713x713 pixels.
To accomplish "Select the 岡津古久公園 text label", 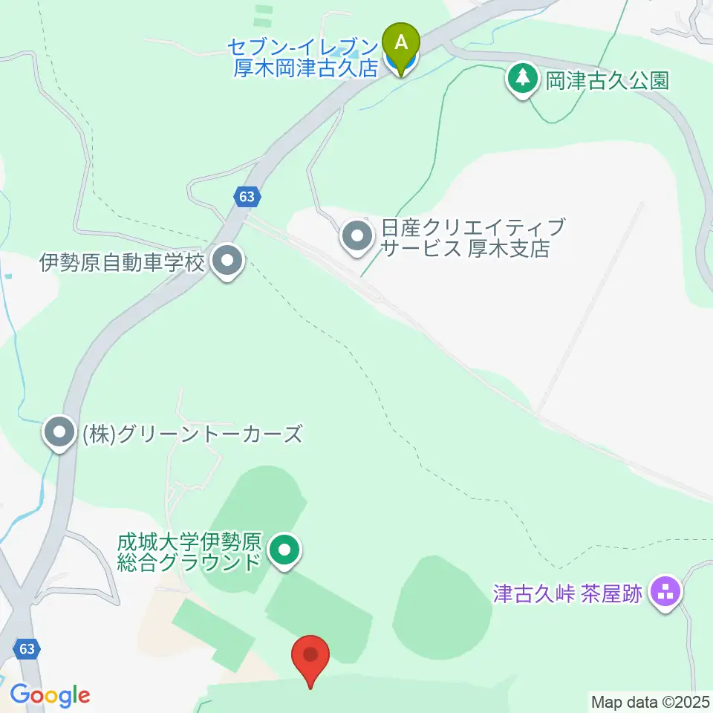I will coord(608,79).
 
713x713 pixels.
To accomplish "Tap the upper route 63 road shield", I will coord(247,197).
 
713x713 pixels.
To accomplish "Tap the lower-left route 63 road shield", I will coord(27,649).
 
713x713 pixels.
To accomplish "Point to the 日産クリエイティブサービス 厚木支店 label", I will coord(466,237).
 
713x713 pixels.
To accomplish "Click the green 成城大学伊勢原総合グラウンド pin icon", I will coord(284,550).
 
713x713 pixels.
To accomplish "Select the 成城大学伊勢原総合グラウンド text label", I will coord(190,550).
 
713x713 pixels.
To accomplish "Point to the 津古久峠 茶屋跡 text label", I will coord(567,593).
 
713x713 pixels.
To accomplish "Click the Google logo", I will coord(50,695).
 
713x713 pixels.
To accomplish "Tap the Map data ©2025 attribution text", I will coord(651,701).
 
